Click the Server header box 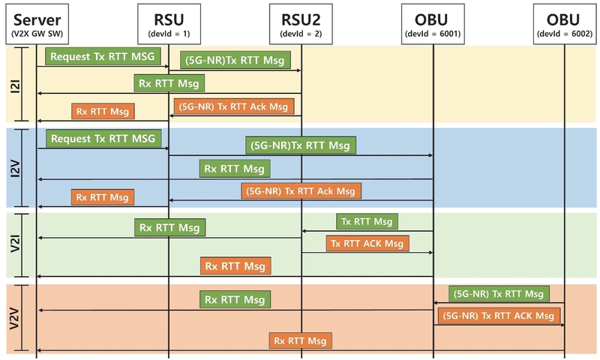tap(37, 23)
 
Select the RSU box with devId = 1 tap(168, 23)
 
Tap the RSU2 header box tap(300, 23)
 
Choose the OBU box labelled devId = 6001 tap(433, 23)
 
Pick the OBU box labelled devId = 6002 tap(564, 23)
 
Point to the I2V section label tap(16, 167)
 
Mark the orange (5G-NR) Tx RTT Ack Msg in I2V tap(301, 190)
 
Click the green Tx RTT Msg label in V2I tap(367, 221)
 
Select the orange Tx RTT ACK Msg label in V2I tap(367, 243)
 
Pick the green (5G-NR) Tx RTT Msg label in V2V tap(499, 293)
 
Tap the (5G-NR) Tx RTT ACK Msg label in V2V tap(499, 316)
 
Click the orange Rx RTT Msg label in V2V tap(300, 340)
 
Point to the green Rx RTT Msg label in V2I tap(170, 226)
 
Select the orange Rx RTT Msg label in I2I tap(103, 112)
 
